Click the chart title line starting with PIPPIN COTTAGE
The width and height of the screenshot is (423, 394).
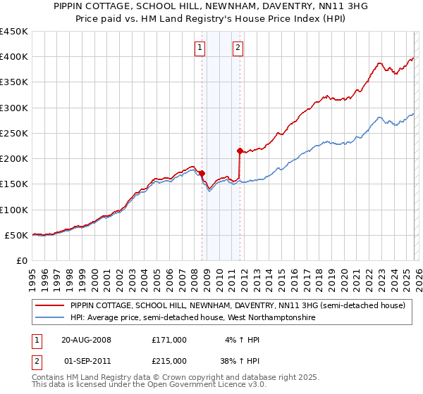click(211, 5)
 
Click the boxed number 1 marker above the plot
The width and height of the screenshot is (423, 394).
click(200, 48)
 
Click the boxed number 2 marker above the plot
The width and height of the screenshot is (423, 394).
click(238, 48)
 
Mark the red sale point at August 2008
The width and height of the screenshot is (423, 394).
click(202, 173)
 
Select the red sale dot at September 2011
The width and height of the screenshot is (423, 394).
click(240, 151)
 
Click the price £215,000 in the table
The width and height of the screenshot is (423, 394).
click(168, 361)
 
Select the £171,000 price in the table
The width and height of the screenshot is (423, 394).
click(168, 340)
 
